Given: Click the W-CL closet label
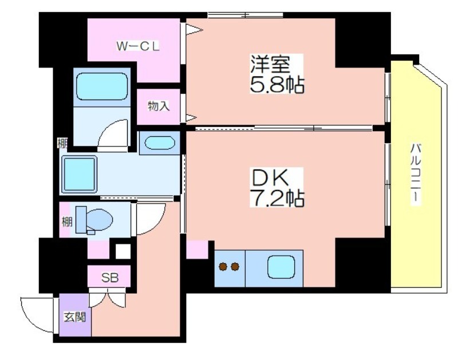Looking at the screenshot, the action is point(138,46).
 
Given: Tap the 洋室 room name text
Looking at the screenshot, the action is point(270,64).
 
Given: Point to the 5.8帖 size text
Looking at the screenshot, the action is point(277,85).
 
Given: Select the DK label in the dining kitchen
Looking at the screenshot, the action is point(270,177).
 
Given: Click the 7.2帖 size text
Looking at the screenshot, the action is point(277,198).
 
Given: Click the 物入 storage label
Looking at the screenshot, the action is point(159,106).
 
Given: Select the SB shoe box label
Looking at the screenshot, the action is point(110,278).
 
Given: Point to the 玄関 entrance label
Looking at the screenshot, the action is point(75,317).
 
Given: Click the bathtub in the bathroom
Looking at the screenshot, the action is point(102,86).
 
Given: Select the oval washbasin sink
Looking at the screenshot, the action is point(160,143).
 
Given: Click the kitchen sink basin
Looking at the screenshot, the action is point(281,267).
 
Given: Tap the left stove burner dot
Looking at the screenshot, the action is point(223,267).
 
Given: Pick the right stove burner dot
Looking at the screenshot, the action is point(235,267).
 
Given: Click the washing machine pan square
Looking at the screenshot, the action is point(79,175).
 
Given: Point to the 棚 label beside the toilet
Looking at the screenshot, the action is point(66,222).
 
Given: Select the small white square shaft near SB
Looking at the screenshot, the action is point(123,251).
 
